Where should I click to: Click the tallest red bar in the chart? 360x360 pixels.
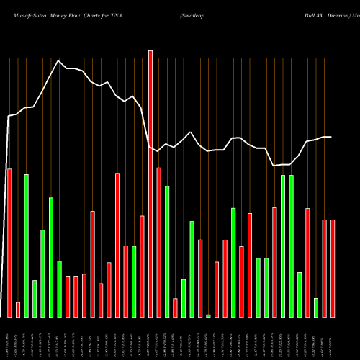(150, 184)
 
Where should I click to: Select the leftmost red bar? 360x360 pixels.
(9, 243)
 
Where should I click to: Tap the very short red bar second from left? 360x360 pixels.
(18, 310)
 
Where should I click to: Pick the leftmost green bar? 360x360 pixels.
(27, 246)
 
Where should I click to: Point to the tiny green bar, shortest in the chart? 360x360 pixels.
(208, 315)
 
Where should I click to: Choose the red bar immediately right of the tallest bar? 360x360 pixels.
(158, 242)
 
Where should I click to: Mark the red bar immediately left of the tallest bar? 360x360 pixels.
(142, 266)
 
